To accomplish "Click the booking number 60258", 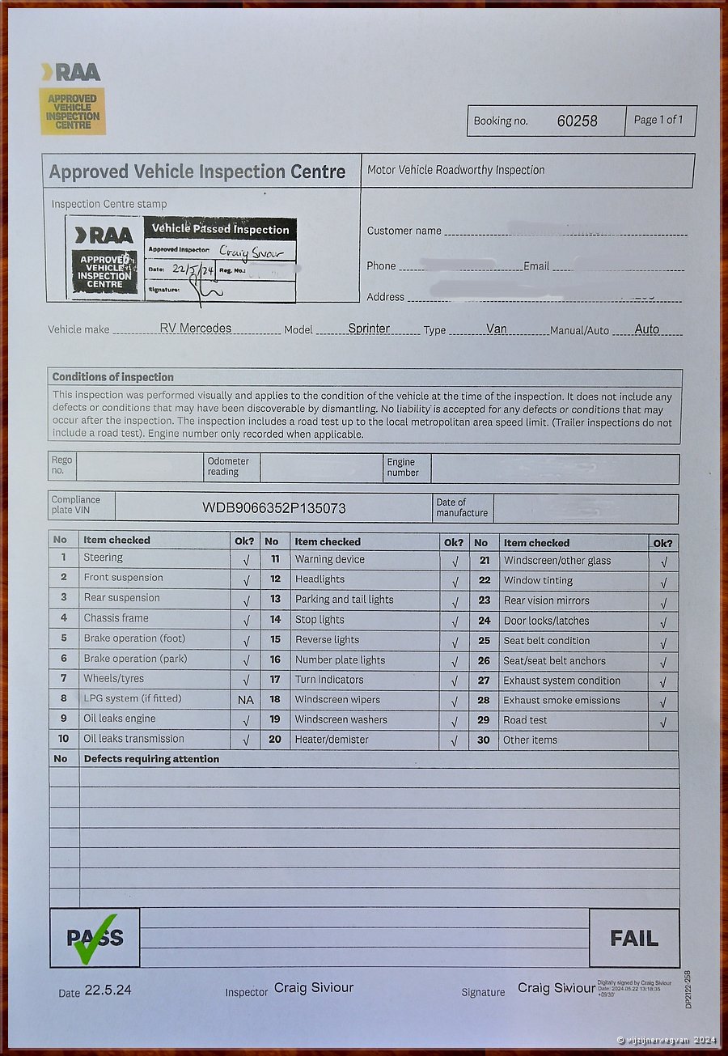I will [x=577, y=121].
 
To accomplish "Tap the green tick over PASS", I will [x=95, y=939].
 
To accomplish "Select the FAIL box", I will [x=634, y=938].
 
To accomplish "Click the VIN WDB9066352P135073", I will [x=274, y=508].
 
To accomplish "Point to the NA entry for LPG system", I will [x=245, y=699].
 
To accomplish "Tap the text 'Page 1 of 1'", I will [x=658, y=120].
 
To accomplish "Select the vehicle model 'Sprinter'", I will [x=369, y=328].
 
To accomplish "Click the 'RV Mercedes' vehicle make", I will [x=195, y=328].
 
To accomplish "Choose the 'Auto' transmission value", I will [x=647, y=329].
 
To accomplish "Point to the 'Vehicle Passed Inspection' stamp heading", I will [x=220, y=229].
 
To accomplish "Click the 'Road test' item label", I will [x=526, y=720].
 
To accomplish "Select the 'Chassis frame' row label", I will [x=116, y=618].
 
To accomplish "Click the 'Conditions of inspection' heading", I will [x=113, y=377].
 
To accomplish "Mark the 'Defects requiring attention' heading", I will [x=151, y=759].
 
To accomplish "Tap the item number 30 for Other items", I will [x=484, y=740].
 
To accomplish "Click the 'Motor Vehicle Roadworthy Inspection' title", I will [x=456, y=170].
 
